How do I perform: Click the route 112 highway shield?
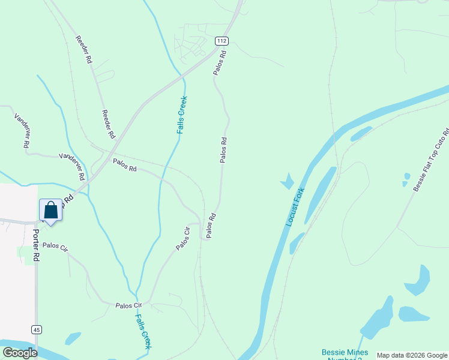[x=221, y=41]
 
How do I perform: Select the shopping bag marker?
[x=50, y=211]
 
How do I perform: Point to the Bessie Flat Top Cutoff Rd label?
[x=431, y=161]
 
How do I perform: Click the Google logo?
[x=19, y=353]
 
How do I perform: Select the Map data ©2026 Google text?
[x=412, y=355]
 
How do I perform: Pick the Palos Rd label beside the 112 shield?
[x=219, y=62]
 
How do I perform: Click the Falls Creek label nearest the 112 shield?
[x=181, y=115]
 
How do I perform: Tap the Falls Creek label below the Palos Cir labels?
[x=143, y=332]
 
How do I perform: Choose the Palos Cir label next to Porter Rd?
[x=55, y=247]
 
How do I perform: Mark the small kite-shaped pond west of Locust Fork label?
[x=287, y=181]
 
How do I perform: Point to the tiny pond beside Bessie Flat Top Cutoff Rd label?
[x=406, y=178]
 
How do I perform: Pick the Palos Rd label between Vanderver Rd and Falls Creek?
[x=125, y=165]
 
